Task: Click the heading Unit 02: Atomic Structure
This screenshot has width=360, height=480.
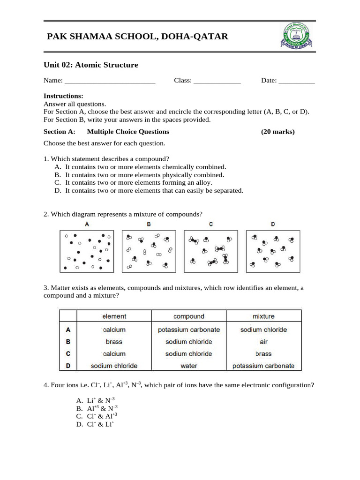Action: pyautogui.click(x=91, y=65)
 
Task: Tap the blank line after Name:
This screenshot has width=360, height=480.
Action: pyautogui.click(x=110, y=81)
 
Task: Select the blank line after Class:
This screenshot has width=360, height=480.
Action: pyautogui.click(x=217, y=81)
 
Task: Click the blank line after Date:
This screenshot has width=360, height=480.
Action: pyautogui.click(x=297, y=81)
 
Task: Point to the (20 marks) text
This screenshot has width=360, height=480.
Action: pyautogui.click(x=278, y=132)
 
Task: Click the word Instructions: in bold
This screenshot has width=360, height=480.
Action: pyautogui.click(x=63, y=96)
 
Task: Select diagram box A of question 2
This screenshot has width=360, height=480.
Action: pyautogui.click(x=87, y=251)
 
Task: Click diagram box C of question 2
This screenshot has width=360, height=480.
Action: pyautogui.click(x=211, y=251)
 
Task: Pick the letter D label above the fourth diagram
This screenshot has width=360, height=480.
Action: pyautogui.click(x=273, y=224)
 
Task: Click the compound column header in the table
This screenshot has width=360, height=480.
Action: pyautogui.click(x=189, y=316)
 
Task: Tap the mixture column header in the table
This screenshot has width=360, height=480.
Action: pyautogui.click(x=263, y=316)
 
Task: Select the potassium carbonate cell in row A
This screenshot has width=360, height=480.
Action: pyautogui.click(x=189, y=330)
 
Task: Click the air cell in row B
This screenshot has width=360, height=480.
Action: pyautogui.click(x=263, y=342)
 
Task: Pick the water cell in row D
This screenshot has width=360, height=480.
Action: pyautogui.click(x=189, y=366)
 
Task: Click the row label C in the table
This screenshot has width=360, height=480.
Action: pyautogui.click(x=68, y=354)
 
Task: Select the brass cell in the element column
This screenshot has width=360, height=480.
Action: pyautogui.click(x=114, y=342)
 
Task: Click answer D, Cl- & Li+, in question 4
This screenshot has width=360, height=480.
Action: pyautogui.click(x=96, y=425)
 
